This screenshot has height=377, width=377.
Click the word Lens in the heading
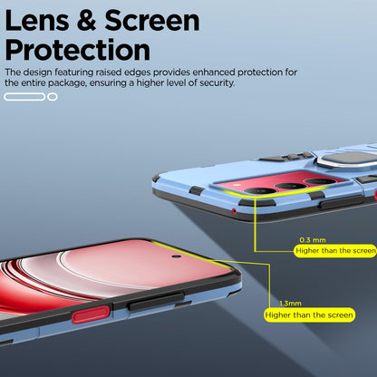click(37, 20)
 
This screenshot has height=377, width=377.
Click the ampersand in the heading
click(87, 20)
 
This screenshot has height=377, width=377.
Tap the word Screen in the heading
click(152, 20)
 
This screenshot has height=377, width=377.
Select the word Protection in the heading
click(77, 50)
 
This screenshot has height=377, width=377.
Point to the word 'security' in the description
click(217, 83)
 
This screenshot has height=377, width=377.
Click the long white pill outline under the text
click(24, 97)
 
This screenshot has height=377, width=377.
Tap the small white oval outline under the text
click(53, 97)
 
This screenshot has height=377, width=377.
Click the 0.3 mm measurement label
click(313, 240)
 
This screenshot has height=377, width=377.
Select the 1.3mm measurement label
click(290, 304)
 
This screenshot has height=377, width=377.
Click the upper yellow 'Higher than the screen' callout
click(335, 251)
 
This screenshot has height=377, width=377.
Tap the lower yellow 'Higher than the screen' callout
click(309, 315)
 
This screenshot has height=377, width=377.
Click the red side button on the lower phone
click(91, 314)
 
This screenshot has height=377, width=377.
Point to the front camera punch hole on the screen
click(177, 256)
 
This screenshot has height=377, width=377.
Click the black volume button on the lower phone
click(156, 301)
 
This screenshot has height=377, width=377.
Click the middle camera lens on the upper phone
click(292, 186)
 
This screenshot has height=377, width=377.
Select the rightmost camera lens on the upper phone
click(321, 181)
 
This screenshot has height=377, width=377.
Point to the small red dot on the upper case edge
click(234, 211)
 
